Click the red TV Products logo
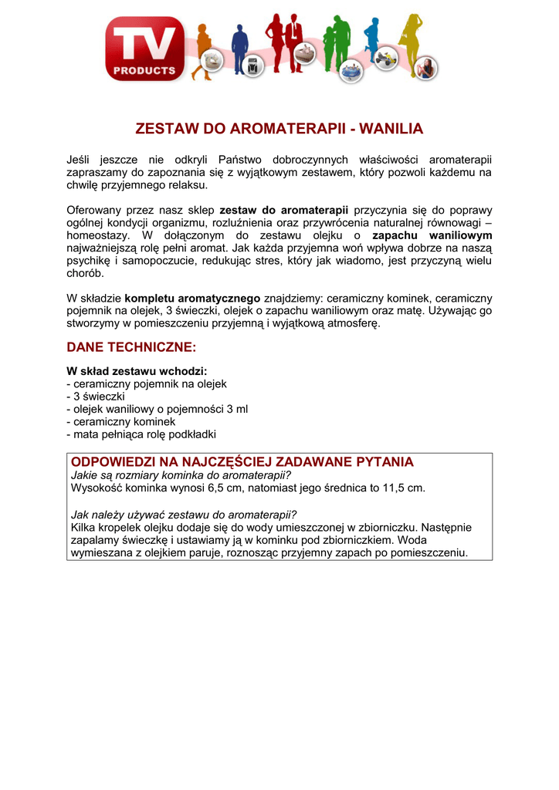[147, 48]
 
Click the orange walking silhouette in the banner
[202, 46]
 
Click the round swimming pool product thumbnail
[353, 69]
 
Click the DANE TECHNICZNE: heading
[132, 348]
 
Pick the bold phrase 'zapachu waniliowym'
[432, 235]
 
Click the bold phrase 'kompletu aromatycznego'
[192, 298]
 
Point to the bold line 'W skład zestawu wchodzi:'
[137, 370]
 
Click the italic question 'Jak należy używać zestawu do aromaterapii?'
[184, 515]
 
